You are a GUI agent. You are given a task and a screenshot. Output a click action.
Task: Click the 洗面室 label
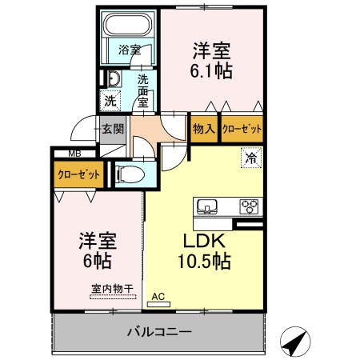(x=142, y=90)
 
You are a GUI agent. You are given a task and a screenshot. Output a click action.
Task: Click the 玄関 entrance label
(x=111, y=129)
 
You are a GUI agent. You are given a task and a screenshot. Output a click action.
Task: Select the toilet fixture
(x=131, y=173)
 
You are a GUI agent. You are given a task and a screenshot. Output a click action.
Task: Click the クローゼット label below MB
(x=78, y=173)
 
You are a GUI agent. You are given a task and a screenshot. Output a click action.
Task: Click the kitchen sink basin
(x=207, y=206)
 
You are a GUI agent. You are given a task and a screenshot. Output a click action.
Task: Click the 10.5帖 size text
(x=203, y=260)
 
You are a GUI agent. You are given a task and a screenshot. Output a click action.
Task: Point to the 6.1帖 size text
(x=212, y=70)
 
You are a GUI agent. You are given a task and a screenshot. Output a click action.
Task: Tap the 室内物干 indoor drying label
(x=100, y=289)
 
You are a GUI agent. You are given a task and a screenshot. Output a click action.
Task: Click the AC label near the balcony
(x=158, y=297)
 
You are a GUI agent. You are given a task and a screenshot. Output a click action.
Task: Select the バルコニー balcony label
(x=158, y=332)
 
